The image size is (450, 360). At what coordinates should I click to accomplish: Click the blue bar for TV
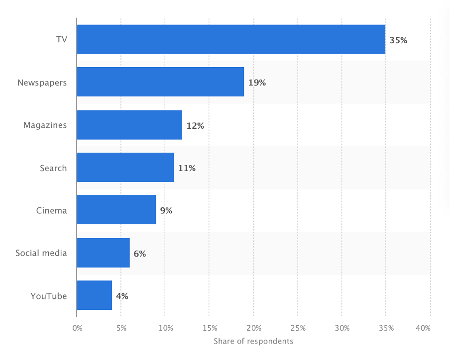[231, 39]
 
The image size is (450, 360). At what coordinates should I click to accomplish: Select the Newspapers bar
[160, 82]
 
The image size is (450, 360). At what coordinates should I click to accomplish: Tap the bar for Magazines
[129, 125]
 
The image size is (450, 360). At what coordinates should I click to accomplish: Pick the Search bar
[125, 168]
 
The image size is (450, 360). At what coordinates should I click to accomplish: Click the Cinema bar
[116, 210]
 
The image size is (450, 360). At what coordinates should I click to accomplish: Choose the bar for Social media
[103, 253]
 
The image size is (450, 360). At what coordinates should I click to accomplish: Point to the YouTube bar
[94, 295]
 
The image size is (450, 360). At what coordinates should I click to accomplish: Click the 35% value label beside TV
[398, 40]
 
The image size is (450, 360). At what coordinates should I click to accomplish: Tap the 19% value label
[257, 83]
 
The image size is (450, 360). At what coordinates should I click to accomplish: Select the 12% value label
[195, 126]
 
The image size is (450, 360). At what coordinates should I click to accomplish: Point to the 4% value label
[122, 296]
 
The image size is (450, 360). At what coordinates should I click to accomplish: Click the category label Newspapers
[42, 83]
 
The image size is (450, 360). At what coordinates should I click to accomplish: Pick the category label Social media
[41, 253]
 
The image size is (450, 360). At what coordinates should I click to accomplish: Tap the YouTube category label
[48, 296]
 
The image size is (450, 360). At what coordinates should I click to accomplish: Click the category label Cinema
[51, 210]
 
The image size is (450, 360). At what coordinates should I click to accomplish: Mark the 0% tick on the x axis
[77, 328]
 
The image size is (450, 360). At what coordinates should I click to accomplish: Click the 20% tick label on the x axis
[254, 328]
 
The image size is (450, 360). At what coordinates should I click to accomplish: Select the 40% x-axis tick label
[424, 328]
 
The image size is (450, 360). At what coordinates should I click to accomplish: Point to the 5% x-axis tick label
[121, 328]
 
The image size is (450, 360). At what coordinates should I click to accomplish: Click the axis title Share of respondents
[253, 341]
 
